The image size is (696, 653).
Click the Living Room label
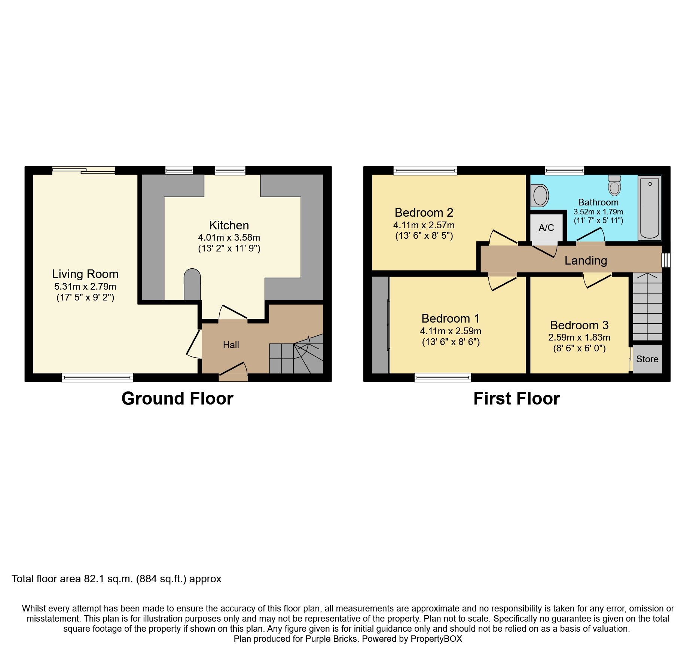click(x=85, y=274)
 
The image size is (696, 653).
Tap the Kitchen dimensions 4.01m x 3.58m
click(x=229, y=237)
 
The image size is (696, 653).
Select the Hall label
click(x=231, y=345)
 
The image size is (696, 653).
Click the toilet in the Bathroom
click(x=614, y=185)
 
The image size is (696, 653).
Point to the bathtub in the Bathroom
click(x=650, y=208)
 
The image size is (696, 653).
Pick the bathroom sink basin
click(x=540, y=195)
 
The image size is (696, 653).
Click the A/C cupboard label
click(x=546, y=228)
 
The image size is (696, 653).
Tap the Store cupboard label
click(x=647, y=359)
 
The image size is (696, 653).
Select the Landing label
click(x=586, y=260)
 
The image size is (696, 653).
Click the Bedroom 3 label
click(x=579, y=325)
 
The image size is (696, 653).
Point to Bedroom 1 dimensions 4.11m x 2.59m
click(x=451, y=331)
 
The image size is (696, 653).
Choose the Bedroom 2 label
click(x=424, y=213)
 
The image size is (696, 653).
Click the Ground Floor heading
click(x=177, y=399)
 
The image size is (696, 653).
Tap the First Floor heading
click(x=516, y=399)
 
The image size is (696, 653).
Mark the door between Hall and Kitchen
click(x=233, y=314)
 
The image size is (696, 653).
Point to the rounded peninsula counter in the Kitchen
click(x=192, y=284)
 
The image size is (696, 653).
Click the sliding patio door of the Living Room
click(x=83, y=170)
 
